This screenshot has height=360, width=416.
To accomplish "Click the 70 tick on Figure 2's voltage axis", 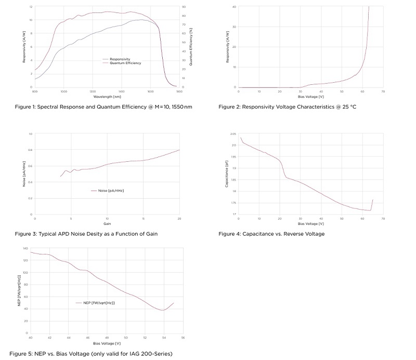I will point(383,92).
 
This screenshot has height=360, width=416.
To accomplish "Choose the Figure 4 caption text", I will point(271,234).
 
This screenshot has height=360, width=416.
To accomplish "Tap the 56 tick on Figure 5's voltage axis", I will point(183,338).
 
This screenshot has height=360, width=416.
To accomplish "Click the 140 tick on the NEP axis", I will point(25,248).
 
